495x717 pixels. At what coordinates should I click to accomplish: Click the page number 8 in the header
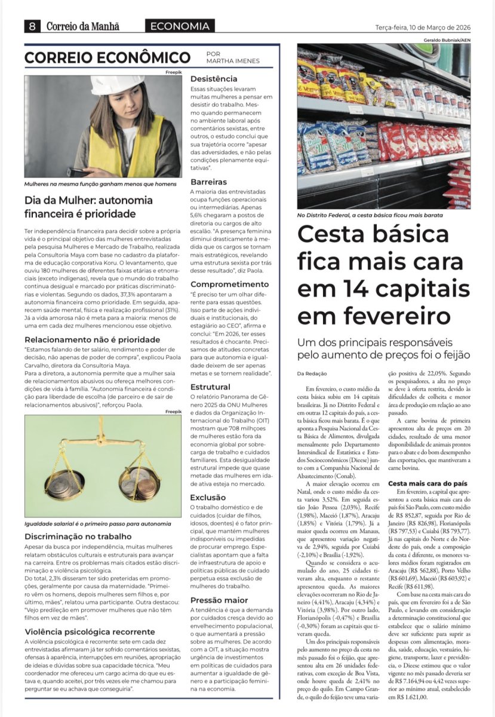click(x=32, y=26)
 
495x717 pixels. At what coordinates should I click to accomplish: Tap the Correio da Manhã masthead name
click(x=82, y=26)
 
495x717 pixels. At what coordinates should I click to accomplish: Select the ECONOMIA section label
click(x=180, y=26)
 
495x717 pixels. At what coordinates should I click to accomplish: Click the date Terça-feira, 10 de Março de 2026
click(x=422, y=27)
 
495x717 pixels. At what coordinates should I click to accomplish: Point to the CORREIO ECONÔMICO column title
click(x=107, y=58)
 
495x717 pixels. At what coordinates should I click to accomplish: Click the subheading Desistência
click(x=214, y=79)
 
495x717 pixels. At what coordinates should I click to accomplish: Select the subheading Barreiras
click(x=208, y=181)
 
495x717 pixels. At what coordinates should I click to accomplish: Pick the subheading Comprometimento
click(x=229, y=284)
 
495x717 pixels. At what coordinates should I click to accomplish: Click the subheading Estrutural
click(x=210, y=387)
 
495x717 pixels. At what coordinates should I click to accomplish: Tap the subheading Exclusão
click(x=208, y=497)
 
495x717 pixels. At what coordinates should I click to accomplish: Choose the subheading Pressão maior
click(x=219, y=600)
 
